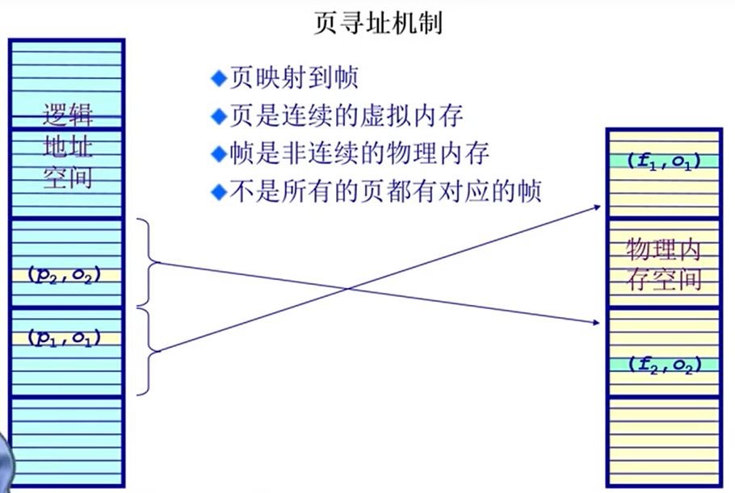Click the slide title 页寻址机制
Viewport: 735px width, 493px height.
pos(377,22)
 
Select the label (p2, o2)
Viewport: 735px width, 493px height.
pos(66,274)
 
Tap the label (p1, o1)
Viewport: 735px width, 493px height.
pos(66,337)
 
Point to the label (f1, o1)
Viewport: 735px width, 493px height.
pos(662,161)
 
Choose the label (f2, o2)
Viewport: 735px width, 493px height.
pos(662,364)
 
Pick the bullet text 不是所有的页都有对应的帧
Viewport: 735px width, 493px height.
pos(383,191)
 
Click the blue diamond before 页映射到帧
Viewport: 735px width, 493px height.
pos(216,79)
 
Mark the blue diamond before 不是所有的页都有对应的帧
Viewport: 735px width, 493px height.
pos(216,192)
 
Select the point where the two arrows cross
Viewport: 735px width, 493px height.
pos(348,288)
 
